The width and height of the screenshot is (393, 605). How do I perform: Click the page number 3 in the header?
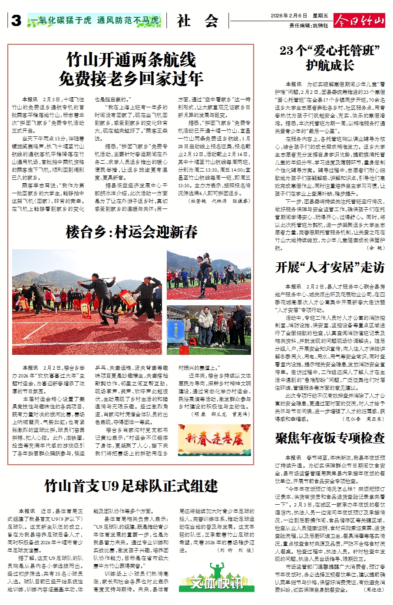tap(16, 20)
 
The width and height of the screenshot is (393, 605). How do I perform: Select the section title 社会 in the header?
tap(198, 20)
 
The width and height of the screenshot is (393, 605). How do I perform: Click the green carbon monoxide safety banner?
tap(94, 20)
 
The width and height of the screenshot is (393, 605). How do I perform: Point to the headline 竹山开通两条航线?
tap(131, 60)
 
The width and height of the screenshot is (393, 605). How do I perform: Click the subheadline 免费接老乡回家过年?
tap(131, 79)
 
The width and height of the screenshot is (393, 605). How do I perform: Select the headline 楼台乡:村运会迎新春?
tap(132, 232)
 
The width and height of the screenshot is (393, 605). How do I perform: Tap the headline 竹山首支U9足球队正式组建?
tap(131, 486)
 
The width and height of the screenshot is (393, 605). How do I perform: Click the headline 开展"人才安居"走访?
tap(330, 267)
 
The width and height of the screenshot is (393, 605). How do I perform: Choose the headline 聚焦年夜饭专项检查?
tap(330, 438)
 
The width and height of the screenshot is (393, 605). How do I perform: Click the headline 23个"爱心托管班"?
tap(330, 51)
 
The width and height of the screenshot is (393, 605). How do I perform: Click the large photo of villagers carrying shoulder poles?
tap(87, 302)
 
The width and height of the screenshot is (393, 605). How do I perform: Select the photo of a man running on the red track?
tap(209, 275)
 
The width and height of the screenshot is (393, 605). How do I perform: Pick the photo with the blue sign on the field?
tap(209, 330)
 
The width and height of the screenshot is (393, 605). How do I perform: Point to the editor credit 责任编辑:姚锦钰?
tap(309, 26)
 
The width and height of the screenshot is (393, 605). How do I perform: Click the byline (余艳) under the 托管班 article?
tap(376, 248)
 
